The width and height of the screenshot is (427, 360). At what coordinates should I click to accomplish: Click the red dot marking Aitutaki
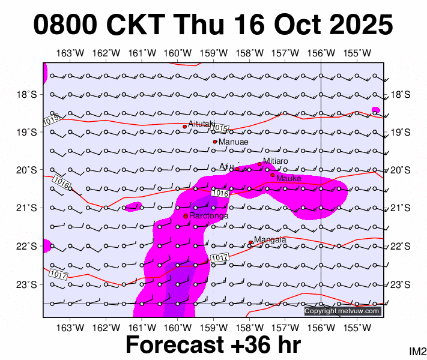184,127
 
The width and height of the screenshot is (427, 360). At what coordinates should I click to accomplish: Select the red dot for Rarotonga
186,216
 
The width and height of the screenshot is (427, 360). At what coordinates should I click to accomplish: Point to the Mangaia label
270,240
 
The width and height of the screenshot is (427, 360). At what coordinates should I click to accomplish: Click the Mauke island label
288,178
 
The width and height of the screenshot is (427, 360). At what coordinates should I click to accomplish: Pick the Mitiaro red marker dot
259,164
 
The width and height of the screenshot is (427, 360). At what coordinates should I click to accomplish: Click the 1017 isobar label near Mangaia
219,258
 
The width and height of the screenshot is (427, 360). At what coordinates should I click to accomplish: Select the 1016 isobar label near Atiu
221,193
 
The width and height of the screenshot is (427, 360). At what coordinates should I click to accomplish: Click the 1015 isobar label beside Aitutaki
220,128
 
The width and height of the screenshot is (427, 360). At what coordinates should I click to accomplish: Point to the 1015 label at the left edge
52,121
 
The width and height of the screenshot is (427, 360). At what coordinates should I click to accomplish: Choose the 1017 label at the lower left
58,274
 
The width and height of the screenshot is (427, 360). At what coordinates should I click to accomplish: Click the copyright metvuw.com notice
342,311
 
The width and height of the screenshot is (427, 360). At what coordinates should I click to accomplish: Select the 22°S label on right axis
401,247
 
